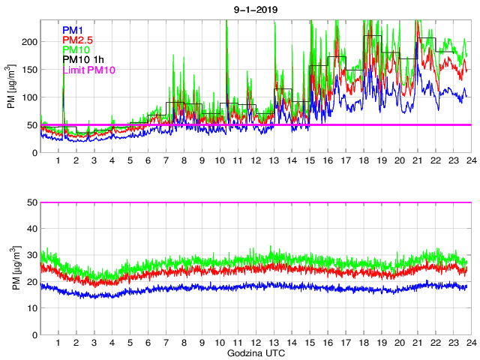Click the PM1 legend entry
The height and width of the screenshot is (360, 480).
73,30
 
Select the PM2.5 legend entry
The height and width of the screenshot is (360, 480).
78,40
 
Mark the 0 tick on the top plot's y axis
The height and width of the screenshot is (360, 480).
32,153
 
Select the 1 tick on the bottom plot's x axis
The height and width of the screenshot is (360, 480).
58,343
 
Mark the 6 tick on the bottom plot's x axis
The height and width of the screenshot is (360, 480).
148,343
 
